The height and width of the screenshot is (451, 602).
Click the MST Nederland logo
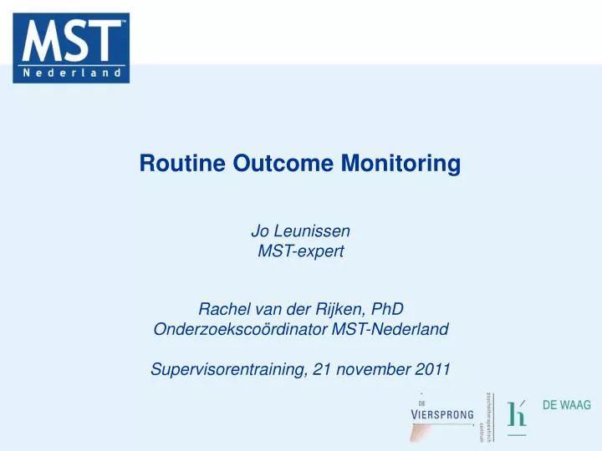pos(71,48)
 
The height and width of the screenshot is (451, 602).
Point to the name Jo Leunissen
pos(300,229)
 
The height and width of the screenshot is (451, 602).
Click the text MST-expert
pos(300,249)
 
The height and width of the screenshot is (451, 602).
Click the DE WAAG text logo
pos(566,405)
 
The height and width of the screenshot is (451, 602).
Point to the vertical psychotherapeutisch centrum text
pos(485,415)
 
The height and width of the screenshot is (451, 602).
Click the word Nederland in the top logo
pos(71,73)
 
